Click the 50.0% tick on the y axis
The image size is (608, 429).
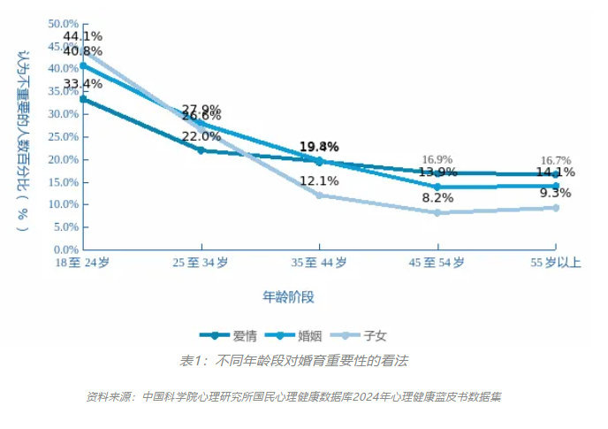[x=64, y=23]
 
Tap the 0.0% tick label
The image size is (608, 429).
[x=66, y=249]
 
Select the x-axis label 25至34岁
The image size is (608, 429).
[x=200, y=263]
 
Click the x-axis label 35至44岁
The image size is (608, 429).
[x=318, y=263]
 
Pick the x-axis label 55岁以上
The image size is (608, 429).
[x=554, y=263]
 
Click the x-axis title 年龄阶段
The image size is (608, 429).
[x=288, y=295]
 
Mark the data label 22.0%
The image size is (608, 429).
[x=201, y=136]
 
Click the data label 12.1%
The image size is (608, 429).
[x=319, y=181]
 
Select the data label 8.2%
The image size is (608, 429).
[x=437, y=198]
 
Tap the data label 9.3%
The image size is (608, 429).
[x=555, y=193]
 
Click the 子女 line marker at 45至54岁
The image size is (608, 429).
[x=437, y=212]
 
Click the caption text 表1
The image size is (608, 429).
[x=191, y=361]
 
